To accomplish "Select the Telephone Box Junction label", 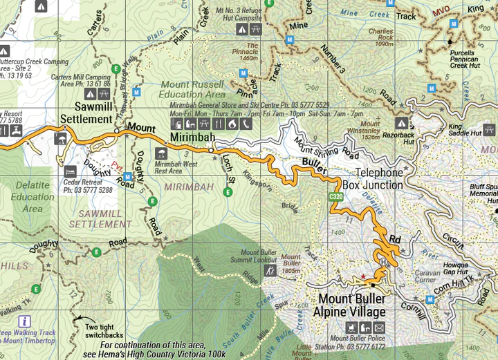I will click(378, 178).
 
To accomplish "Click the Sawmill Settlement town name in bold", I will click(86, 113).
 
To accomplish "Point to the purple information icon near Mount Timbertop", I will click(26, 321).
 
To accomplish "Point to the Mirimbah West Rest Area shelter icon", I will click(160, 153).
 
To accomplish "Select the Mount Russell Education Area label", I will click(192, 89).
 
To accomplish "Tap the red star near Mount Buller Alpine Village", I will click(362, 277).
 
